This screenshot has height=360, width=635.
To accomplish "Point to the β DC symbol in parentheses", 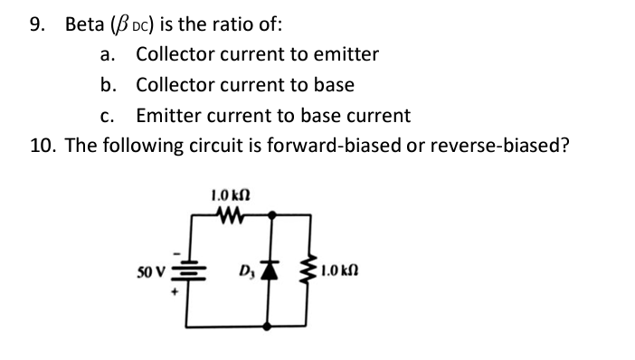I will pyautogui.click(x=146, y=25).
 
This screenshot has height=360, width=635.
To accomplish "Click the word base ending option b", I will pyautogui.click(x=334, y=85).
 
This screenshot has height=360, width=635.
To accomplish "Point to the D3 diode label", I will pyautogui.click(x=245, y=272).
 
